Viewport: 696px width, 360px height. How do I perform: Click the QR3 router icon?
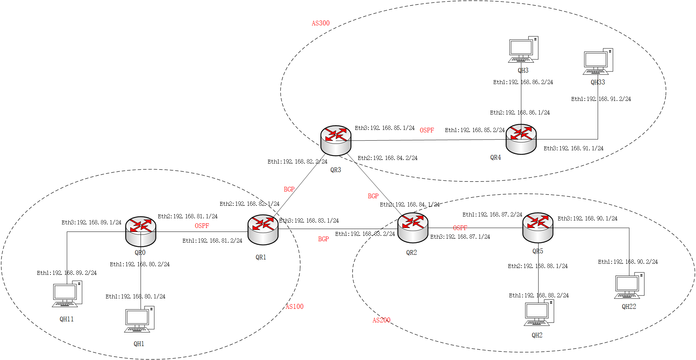[335, 140]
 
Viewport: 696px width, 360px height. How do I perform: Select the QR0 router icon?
[141, 231]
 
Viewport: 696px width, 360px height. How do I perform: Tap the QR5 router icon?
[538, 228]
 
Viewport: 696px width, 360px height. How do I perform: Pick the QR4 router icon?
[521, 139]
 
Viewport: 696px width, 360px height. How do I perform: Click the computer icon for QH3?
[523, 49]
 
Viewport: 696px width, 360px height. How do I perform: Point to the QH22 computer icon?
[629, 286]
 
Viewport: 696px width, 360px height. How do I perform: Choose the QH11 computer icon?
[67, 294]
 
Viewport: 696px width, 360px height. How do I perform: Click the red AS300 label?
[320, 23]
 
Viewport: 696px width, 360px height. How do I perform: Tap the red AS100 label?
[294, 307]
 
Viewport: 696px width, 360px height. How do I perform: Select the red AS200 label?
[381, 320]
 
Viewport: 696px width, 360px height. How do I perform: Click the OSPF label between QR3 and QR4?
[427, 130]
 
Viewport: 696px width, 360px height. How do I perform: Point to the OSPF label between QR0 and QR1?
[202, 226]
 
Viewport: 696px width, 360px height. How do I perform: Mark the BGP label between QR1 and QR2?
[323, 239]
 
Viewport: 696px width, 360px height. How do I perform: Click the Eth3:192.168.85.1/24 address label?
[384, 128]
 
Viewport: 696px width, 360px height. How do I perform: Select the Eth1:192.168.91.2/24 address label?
[601, 99]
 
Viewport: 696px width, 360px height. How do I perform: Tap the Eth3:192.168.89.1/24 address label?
[91, 223]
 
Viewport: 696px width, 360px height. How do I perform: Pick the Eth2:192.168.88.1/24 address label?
[538, 266]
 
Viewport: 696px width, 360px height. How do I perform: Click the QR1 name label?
[261, 257]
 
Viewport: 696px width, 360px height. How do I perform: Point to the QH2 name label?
[537, 335]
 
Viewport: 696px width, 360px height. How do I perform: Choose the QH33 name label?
[598, 82]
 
